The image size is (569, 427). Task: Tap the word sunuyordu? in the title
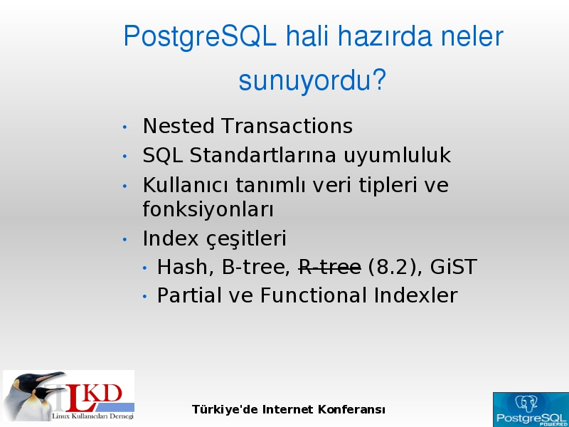(x=312, y=80)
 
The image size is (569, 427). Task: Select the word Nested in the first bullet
(x=179, y=126)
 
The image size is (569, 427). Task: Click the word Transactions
(x=287, y=126)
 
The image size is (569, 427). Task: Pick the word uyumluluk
(x=397, y=156)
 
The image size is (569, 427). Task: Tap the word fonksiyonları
(x=208, y=209)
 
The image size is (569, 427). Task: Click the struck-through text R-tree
(x=329, y=268)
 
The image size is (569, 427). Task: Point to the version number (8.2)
(x=395, y=268)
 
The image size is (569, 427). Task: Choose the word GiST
(x=453, y=268)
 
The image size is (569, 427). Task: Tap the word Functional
(x=313, y=295)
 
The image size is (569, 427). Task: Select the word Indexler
(x=415, y=295)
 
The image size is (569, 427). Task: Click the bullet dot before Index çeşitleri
(x=125, y=240)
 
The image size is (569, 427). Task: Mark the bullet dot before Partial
(x=145, y=297)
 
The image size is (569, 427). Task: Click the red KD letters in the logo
(x=102, y=394)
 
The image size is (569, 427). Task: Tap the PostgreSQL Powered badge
(x=531, y=410)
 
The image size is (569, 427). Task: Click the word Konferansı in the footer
(x=351, y=410)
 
